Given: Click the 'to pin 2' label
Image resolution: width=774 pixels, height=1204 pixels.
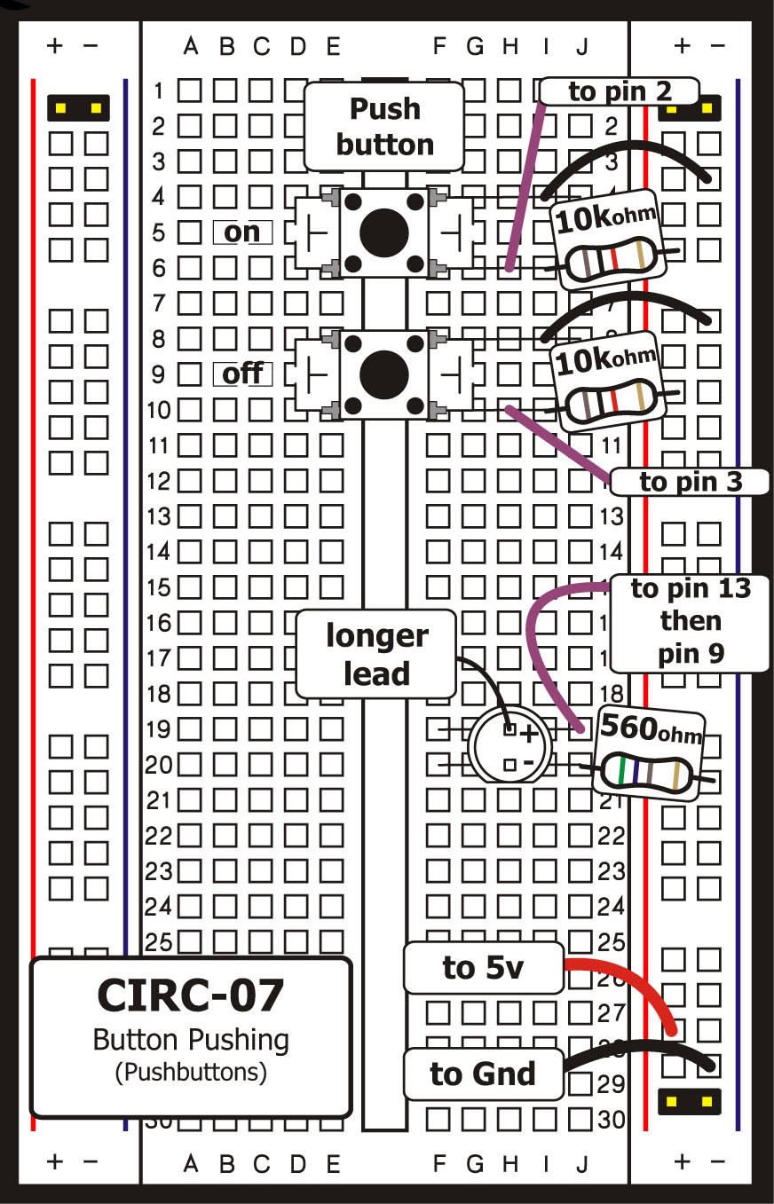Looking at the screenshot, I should [620, 91].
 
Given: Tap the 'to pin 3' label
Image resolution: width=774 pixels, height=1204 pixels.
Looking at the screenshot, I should [690, 482].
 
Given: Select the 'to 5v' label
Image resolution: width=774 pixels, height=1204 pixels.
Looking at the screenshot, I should [483, 968].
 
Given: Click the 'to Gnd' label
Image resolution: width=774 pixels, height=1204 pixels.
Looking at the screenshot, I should [483, 1074].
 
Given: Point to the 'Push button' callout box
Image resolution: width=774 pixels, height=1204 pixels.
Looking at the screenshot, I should [384, 126].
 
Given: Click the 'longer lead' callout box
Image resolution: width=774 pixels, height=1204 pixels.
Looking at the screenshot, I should [376, 654].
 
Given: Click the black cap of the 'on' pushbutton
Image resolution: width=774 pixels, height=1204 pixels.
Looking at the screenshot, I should [383, 232].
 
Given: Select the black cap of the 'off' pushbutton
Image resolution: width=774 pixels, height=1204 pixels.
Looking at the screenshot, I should [383, 372].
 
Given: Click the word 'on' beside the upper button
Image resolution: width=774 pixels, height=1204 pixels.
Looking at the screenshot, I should [241, 232].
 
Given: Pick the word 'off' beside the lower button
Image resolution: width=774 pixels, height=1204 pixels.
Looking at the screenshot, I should [241, 374].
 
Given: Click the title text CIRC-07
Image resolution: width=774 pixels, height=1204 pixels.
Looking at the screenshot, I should [191, 995].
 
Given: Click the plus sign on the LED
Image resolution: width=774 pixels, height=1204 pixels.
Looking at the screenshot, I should [529, 734].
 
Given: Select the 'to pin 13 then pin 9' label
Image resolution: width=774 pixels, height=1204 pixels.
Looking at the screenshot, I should [690, 621].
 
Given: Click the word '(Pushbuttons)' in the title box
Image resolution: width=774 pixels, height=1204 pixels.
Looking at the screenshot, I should [191, 1072].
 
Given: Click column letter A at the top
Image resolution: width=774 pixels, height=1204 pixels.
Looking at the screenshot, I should [190, 46].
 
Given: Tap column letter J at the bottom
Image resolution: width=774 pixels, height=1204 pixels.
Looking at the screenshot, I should [582, 1163].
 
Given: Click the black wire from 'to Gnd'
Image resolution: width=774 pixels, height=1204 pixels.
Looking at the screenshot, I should [639, 1051].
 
